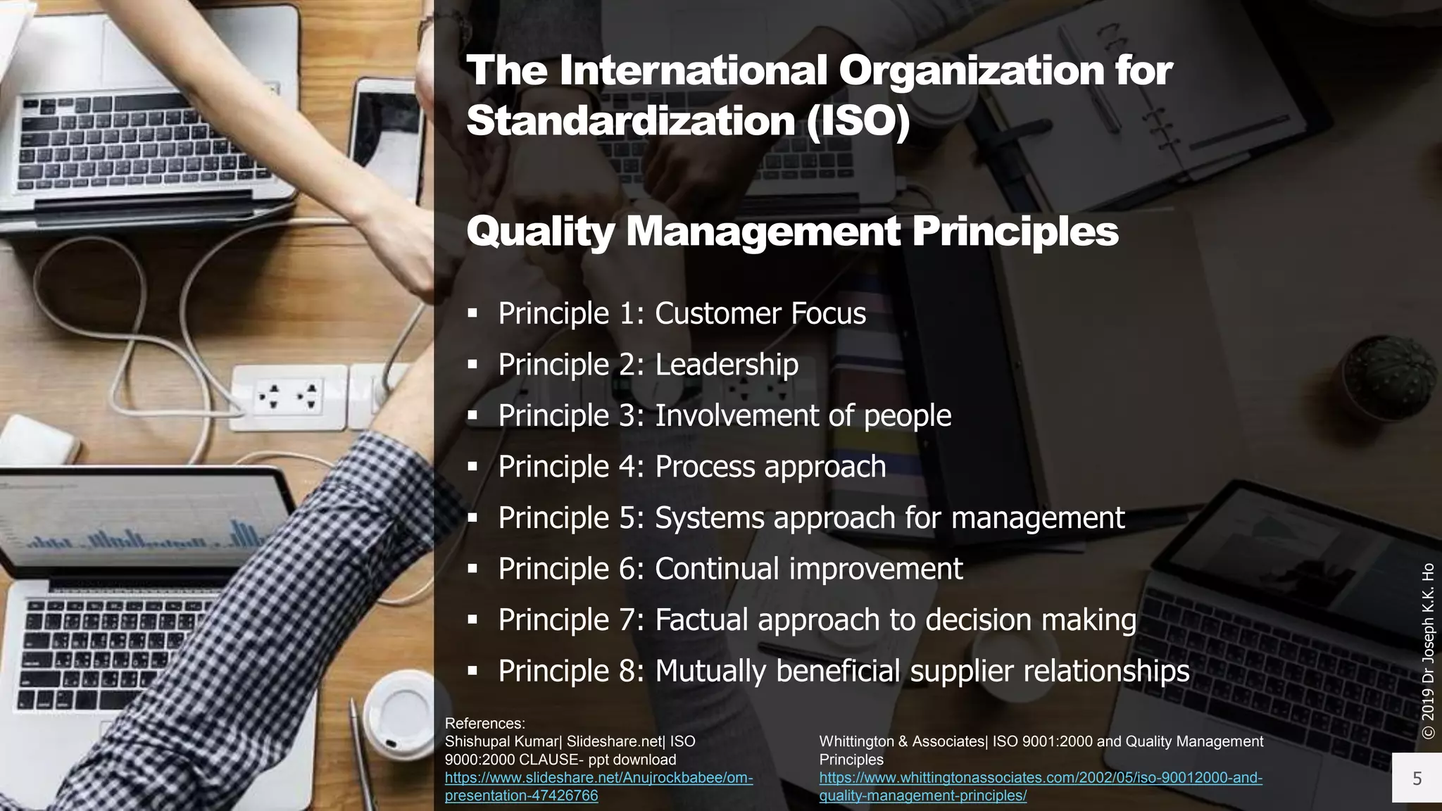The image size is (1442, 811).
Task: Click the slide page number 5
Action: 1417,778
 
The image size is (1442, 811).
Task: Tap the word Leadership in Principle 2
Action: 727,365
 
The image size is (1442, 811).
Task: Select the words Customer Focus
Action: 760,314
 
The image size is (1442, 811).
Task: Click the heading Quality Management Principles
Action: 792,232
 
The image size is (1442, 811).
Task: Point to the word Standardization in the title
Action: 630,121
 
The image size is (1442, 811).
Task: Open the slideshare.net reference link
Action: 598,787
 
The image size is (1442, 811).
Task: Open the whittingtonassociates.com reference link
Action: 1041,787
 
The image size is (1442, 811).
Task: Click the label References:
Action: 484,723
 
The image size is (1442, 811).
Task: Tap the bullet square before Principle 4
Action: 472,467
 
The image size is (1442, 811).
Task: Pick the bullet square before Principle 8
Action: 472,671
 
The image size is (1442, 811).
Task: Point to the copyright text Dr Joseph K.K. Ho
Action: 1428,651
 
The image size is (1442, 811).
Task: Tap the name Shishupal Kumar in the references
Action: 501,741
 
